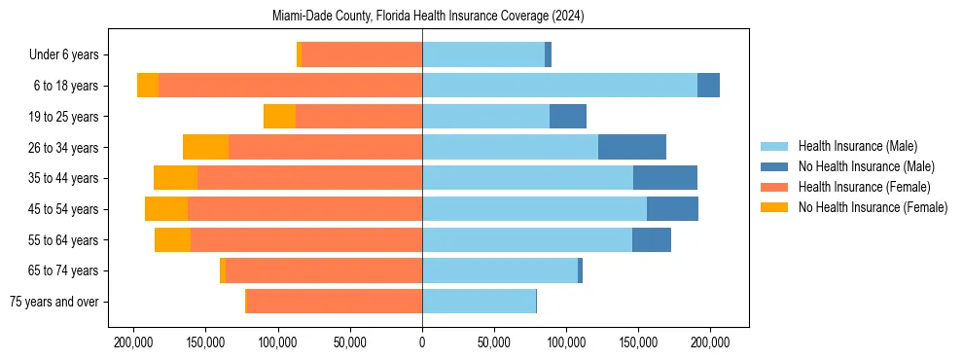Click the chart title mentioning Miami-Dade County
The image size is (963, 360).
click(422, 16)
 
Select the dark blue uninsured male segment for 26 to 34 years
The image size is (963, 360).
click(632, 147)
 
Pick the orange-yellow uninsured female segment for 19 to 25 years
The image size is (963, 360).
click(279, 116)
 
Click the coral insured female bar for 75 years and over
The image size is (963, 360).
click(335, 302)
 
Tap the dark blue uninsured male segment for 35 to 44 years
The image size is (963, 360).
click(665, 178)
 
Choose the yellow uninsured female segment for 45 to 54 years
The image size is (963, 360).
click(166, 209)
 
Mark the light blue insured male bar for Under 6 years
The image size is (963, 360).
click(483, 54)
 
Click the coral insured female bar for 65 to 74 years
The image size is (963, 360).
click(324, 270)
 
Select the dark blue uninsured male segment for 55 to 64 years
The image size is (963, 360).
click(652, 239)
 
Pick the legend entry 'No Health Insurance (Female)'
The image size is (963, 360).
click(873, 207)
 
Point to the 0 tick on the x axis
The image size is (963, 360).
click(422, 342)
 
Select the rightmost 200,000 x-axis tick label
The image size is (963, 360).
click(710, 342)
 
